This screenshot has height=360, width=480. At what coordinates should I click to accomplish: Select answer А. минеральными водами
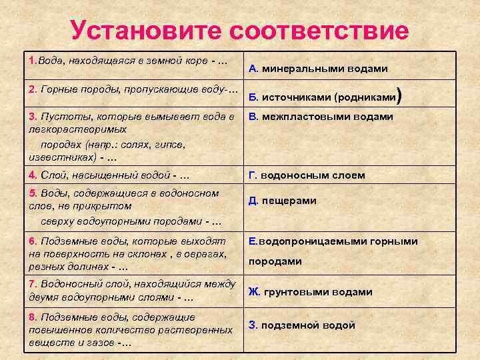[318, 68]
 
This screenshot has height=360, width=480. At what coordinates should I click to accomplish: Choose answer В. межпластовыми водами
[321, 117]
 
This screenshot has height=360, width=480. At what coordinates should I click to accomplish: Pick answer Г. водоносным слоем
[307, 175]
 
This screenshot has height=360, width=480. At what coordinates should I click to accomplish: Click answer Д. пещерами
[282, 201]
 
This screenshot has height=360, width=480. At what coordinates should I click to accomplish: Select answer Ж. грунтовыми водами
[310, 291]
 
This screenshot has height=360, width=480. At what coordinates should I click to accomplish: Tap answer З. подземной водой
[301, 325]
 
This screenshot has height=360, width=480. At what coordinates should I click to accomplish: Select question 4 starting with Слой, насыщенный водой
[110, 176]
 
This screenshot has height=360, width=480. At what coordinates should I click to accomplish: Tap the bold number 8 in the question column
[32, 317]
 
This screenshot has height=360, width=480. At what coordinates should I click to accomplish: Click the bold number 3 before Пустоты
[32, 117]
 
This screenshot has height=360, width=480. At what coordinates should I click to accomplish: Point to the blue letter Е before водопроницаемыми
[253, 241]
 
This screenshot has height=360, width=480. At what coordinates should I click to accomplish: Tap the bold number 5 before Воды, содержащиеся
[32, 193]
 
